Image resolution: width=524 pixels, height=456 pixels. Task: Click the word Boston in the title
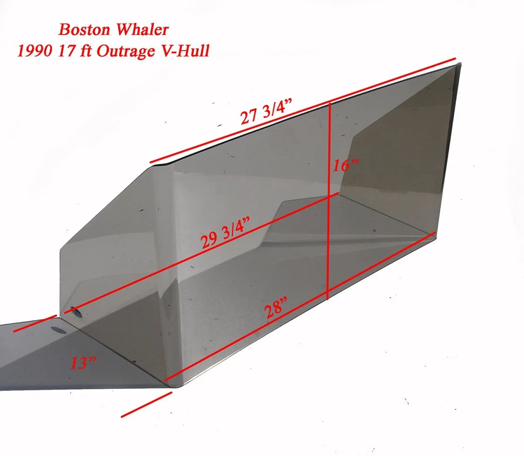coord(84,30)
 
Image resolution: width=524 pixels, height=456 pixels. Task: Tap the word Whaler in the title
coord(142,30)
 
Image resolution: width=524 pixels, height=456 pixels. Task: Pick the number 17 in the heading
coord(64,51)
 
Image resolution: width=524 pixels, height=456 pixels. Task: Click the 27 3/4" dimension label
coord(266,112)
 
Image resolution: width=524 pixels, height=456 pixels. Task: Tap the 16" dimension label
coord(346,165)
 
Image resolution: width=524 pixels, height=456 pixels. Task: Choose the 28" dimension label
coord(276,308)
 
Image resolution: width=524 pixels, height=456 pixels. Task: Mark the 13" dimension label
coord(83,363)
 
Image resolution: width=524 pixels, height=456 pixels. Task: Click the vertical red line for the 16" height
coord(329,201)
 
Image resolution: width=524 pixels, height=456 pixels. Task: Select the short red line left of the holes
coord(35,323)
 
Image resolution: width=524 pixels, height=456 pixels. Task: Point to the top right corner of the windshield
coord(460,63)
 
